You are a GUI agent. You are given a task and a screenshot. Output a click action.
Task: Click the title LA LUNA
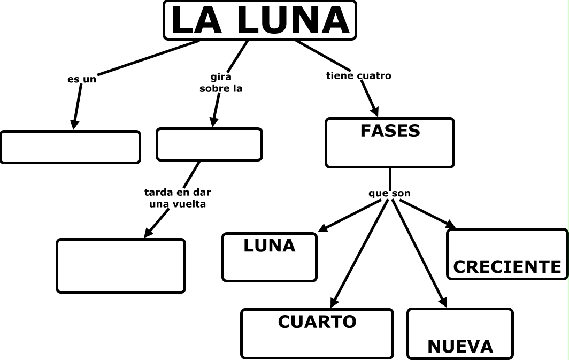260,20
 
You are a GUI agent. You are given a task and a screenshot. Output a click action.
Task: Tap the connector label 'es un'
82,79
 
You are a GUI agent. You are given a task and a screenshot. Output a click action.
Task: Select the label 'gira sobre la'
221,83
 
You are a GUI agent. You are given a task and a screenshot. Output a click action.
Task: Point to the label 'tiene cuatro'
358,76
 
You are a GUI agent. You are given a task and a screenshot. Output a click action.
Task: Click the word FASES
390,131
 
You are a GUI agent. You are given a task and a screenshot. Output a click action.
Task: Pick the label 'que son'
389,193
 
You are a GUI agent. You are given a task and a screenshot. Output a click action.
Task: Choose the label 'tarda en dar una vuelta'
174,198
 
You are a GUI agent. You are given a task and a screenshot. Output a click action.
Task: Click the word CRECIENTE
507,267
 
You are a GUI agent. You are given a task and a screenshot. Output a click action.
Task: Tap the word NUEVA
460,347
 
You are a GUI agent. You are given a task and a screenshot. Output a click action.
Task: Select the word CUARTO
317,322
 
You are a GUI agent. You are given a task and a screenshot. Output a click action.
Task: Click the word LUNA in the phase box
270,246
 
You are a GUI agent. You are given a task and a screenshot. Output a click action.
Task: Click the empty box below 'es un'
70,147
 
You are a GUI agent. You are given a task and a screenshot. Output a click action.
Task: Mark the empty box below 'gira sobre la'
209,144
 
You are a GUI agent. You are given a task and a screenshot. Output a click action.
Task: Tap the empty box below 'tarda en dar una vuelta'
121,266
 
